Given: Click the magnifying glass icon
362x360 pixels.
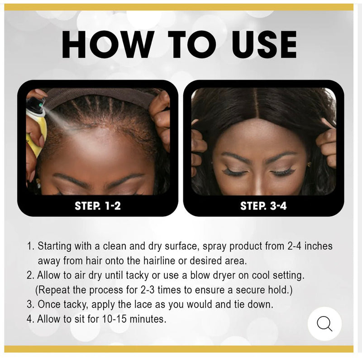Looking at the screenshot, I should click(324, 324).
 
